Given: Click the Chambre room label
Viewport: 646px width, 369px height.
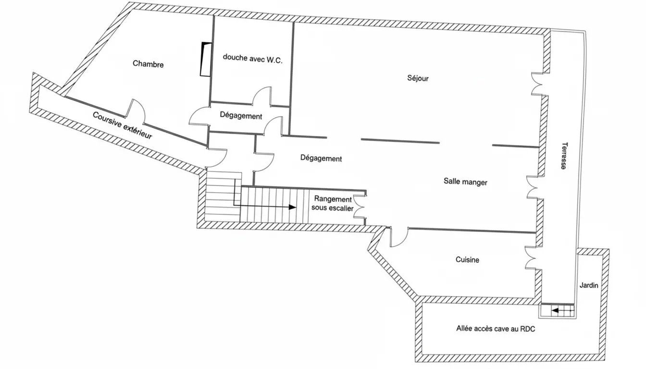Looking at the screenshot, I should point(149,64).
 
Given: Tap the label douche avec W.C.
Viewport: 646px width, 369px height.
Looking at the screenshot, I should point(252,57).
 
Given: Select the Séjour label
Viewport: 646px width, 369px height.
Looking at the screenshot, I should point(417,78).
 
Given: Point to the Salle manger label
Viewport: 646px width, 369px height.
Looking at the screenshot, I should point(465,182).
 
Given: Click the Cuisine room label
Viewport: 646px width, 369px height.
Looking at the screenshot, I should point(467,260).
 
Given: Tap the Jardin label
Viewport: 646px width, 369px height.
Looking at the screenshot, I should point(588,285).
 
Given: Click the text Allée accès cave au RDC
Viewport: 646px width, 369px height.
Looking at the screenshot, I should point(496,329).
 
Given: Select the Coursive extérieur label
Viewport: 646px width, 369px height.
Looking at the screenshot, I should point(122,125).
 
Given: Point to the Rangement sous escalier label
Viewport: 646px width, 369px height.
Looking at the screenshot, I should point(332,203).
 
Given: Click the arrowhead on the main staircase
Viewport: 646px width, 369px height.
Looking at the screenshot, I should point(292,207).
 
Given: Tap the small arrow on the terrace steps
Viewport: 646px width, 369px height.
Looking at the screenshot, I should point(555,311).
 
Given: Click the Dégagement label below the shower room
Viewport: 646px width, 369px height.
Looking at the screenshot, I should point(241,116).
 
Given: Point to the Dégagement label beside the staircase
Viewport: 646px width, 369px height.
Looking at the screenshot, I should point(321,158).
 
